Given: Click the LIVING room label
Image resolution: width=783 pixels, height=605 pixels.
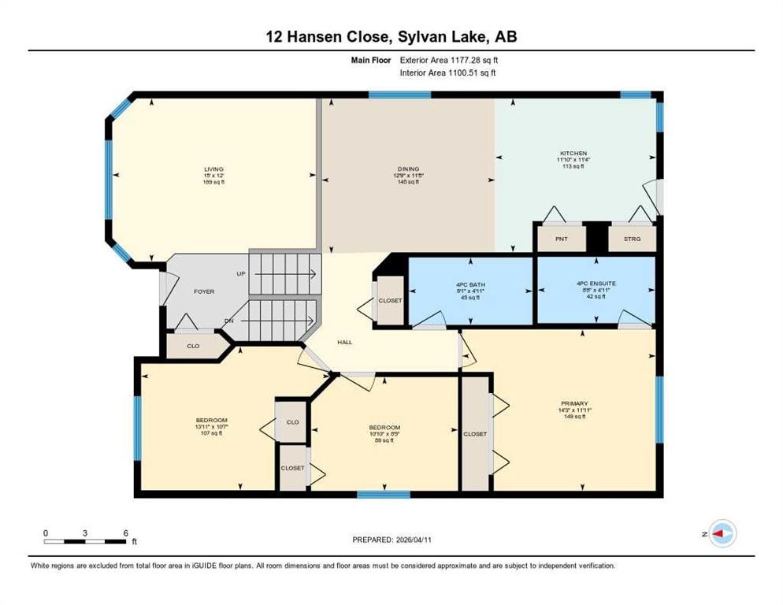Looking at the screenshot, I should [x=213, y=169].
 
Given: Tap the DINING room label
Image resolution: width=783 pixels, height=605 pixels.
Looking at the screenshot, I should [x=408, y=169].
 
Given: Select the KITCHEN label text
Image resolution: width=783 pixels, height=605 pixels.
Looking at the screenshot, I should [x=573, y=154].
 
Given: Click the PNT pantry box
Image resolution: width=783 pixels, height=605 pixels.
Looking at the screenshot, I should [x=561, y=238].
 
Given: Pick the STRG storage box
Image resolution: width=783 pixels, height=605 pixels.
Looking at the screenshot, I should [x=632, y=238].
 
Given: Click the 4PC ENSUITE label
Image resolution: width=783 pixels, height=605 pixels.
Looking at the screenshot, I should [x=596, y=285].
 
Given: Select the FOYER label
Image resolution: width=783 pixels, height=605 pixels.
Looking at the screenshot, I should [x=204, y=291].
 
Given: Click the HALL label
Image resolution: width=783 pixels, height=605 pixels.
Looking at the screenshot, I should [x=345, y=342].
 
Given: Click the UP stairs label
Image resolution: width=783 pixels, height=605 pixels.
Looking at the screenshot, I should [x=241, y=274].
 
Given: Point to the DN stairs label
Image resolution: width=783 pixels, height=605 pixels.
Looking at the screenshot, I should [x=228, y=321].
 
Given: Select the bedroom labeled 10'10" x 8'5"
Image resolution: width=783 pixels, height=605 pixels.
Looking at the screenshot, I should [x=384, y=428].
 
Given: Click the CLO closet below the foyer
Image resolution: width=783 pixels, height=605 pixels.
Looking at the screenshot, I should [x=193, y=345].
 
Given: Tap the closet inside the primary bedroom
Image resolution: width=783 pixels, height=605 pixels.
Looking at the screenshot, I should [x=475, y=434].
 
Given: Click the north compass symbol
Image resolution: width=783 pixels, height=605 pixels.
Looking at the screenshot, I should [x=722, y=533].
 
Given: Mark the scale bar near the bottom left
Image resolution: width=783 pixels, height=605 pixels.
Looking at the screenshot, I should [x=84, y=540].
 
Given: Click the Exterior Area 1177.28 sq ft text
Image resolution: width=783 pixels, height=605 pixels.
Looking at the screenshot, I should [x=447, y=59].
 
